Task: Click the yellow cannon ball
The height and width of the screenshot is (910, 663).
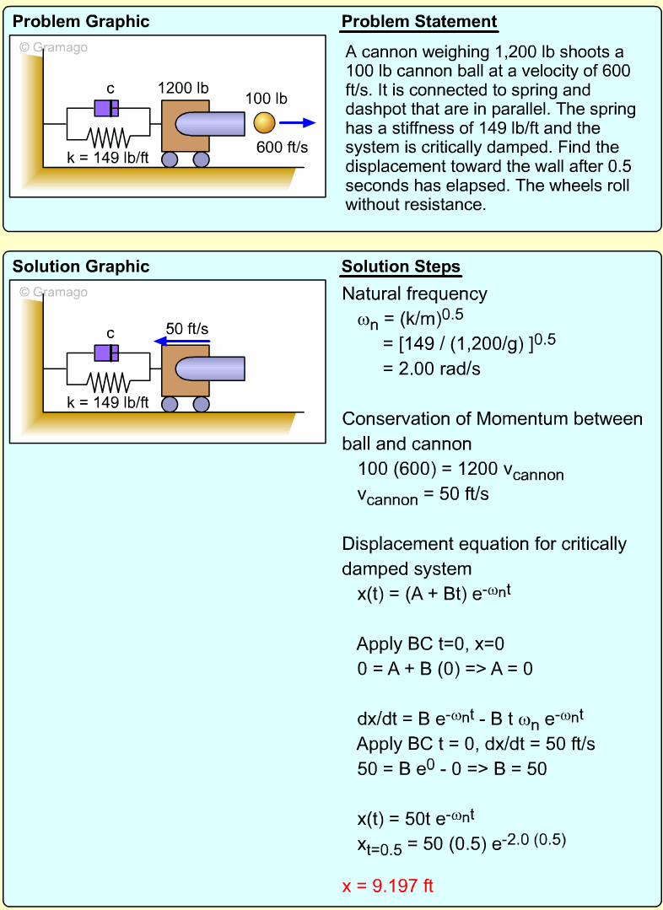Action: pos(264,123)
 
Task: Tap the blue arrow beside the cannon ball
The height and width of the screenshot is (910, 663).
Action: pos(297,123)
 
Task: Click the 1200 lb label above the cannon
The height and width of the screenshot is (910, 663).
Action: pos(184,88)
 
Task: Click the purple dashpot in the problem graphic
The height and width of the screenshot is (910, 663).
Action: pos(106,108)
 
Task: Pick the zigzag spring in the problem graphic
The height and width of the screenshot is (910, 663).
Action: pos(108,137)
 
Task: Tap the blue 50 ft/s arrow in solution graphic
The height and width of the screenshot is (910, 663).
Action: pos(182,342)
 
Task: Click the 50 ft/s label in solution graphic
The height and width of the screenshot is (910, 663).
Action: pos(187,328)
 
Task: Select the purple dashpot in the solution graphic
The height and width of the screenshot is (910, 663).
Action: pos(106,353)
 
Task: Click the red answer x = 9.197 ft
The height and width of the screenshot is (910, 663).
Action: pos(387,886)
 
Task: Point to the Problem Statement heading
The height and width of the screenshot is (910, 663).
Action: pos(418,22)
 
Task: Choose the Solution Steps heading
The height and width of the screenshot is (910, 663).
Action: pos(401,267)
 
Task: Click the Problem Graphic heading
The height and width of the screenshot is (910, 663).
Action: pos(81,22)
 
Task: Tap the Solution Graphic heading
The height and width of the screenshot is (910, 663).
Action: pos(81,267)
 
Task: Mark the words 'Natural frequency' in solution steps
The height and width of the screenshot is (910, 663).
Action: pos(414,293)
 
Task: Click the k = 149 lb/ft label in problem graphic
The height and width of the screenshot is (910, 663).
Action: pos(108,156)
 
